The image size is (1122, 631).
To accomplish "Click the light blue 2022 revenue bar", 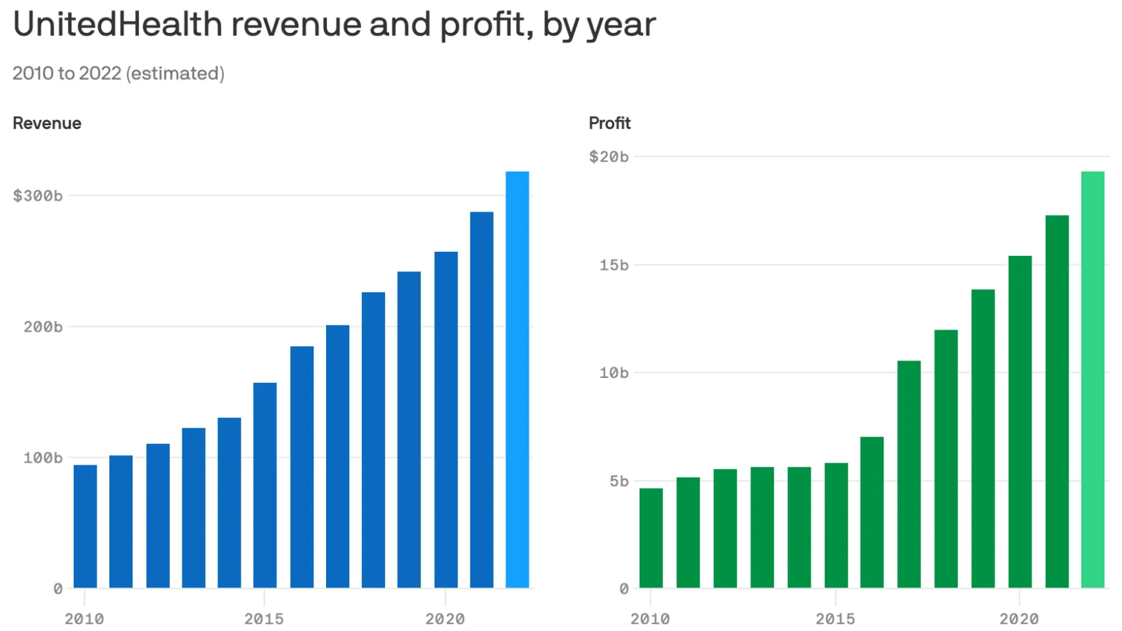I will (x=517, y=380).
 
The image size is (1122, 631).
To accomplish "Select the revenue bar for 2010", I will (x=85, y=526).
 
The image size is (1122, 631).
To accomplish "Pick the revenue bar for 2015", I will (x=265, y=485).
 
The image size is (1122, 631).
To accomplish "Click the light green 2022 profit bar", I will (x=1093, y=380).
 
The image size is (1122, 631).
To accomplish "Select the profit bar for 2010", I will (x=651, y=538).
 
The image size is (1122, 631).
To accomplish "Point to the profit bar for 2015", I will (x=836, y=525).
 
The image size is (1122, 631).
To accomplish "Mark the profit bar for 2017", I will (x=909, y=474).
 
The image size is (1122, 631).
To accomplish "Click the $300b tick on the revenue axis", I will (x=38, y=196).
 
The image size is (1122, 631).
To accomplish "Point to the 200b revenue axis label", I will (x=43, y=327).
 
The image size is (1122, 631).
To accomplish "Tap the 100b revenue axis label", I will (x=43, y=457).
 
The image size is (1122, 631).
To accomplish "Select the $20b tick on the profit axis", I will (x=609, y=157).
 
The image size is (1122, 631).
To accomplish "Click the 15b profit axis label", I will (x=614, y=265).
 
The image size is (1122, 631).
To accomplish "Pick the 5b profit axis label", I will (x=619, y=481).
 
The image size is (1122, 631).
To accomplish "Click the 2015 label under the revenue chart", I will (x=264, y=619).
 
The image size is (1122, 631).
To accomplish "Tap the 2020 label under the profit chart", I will (x=1019, y=619).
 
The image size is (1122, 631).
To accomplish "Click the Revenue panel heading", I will (x=47, y=123).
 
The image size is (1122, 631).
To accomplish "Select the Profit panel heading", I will (x=610, y=123).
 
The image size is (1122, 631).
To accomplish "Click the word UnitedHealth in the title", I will (x=117, y=25).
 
